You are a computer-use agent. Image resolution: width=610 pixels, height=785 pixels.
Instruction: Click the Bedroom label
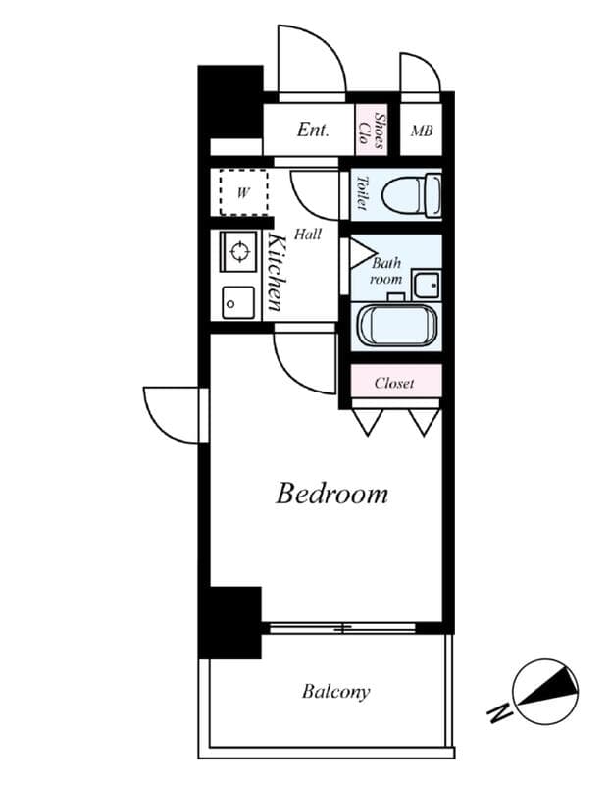[x=331, y=494]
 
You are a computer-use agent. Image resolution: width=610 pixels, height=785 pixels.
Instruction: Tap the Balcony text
[x=335, y=692]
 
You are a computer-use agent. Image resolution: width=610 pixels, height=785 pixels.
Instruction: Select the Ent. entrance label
[x=313, y=130]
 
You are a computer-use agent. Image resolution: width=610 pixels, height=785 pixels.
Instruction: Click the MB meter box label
[x=422, y=131]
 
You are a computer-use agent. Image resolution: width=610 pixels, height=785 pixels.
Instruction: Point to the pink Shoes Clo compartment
[x=371, y=130]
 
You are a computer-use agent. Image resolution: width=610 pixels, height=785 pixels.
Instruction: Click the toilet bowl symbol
[x=411, y=194]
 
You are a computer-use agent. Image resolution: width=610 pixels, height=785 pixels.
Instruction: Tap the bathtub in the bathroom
[x=397, y=326]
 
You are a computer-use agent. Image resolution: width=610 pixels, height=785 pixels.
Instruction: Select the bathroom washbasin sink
[x=427, y=285]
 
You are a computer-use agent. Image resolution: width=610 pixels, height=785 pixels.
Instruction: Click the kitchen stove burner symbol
[x=239, y=251]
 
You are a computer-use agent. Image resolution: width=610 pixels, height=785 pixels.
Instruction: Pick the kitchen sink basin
[x=238, y=302]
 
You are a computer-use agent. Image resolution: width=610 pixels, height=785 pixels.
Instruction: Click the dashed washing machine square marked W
[x=243, y=192]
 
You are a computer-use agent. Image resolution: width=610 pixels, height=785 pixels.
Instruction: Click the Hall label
[x=308, y=234]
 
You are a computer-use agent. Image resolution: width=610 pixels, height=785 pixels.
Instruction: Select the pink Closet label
[x=394, y=383]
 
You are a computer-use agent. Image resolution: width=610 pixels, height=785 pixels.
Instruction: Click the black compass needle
[x=549, y=685]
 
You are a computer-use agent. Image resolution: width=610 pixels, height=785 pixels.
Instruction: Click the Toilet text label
[x=361, y=192]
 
